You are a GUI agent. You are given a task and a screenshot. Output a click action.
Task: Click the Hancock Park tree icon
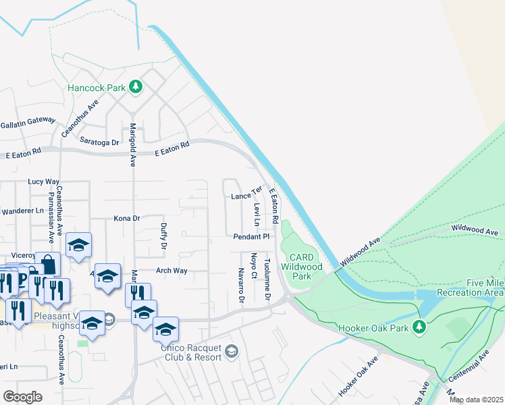point(136,86)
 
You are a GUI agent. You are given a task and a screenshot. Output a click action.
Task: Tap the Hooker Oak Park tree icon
point(419,327)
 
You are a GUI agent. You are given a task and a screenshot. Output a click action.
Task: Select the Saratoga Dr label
point(99,142)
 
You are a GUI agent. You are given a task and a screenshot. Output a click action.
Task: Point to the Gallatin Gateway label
point(28,120)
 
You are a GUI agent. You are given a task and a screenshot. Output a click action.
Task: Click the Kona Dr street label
point(126,219)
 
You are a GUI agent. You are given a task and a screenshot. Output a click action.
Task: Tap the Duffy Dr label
point(163,236)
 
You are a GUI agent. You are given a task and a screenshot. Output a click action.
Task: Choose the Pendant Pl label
point(252,237)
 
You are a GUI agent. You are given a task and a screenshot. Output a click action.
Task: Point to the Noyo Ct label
point(254,266)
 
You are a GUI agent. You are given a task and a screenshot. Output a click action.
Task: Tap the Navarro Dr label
point(240,284)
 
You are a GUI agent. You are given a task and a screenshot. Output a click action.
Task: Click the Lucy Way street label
point(44,182)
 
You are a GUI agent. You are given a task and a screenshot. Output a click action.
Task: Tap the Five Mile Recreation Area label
point(471,288)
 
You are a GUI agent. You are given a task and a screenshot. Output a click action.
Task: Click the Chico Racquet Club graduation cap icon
point(232,350)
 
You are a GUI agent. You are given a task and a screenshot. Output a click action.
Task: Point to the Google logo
point(22,397)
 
